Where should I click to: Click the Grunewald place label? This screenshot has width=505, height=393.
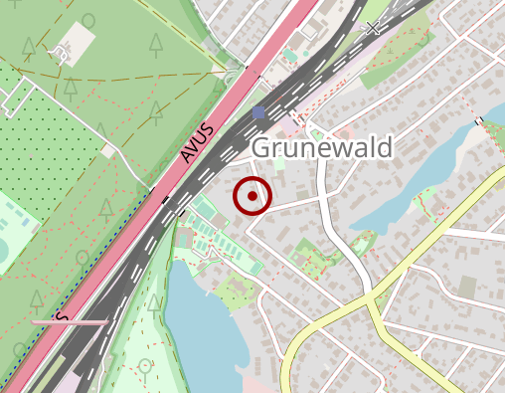click(322, 146)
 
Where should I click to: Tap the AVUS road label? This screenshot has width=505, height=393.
click(198, 143)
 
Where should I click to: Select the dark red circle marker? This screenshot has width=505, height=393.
click(252, 196)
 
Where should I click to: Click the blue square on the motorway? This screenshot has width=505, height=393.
click(259, 113)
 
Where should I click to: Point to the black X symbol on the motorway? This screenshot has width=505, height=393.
click(373, 28)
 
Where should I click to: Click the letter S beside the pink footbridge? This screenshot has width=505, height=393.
click(62, 316)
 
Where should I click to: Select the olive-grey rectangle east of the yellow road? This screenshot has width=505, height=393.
click(467, 287)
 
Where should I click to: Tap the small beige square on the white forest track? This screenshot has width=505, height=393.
click(106, 150)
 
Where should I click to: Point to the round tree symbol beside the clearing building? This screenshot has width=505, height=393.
click(88, 20)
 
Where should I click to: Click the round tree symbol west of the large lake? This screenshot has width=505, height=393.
click(147, 367)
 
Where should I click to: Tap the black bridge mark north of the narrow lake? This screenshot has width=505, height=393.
click(480, 121)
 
